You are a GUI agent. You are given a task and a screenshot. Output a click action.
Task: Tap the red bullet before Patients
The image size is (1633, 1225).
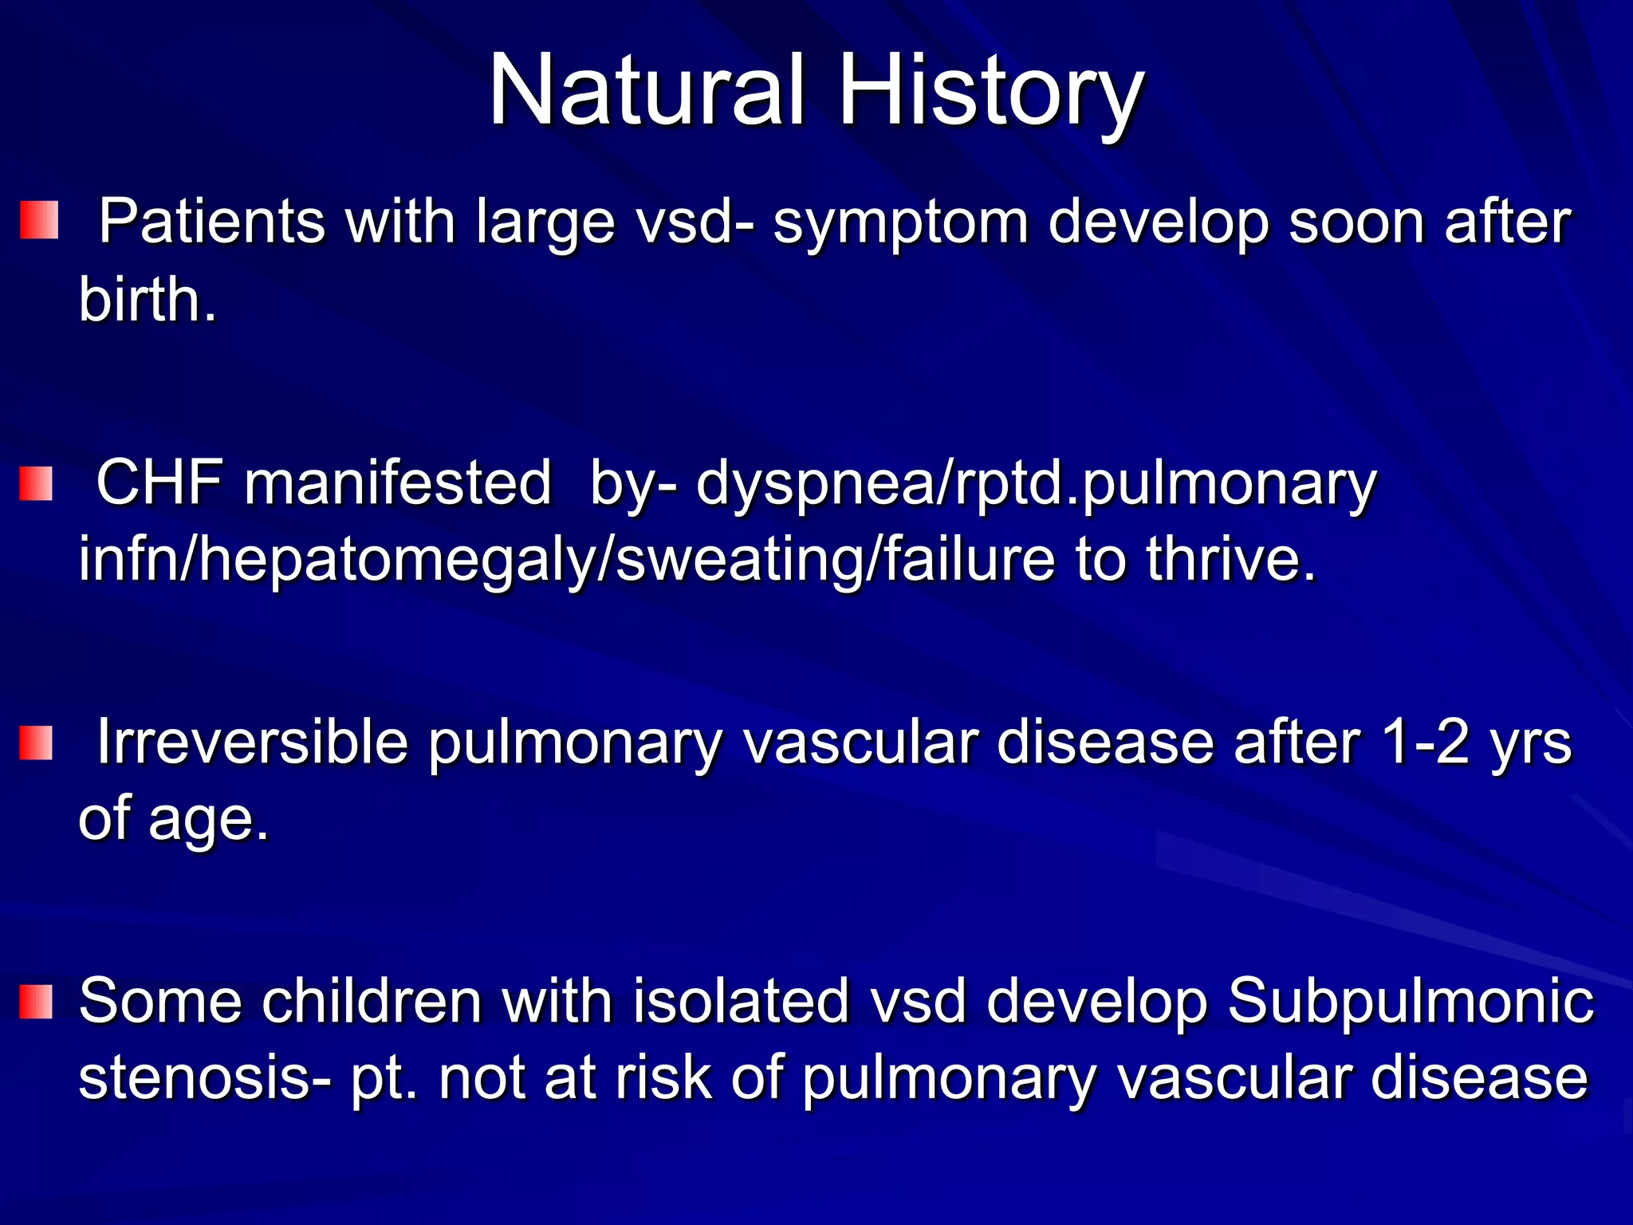click(38, 221)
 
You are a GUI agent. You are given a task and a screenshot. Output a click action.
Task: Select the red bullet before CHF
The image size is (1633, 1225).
click(36, 484)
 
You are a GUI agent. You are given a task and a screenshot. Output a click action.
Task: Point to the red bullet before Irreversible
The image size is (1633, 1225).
click(36, 742)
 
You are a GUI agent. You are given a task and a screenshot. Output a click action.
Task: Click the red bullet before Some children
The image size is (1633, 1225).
click(36, 1002)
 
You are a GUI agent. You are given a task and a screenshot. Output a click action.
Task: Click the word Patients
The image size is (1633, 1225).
click(211, 221)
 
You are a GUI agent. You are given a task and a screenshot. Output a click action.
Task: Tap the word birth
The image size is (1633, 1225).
click(148, 299)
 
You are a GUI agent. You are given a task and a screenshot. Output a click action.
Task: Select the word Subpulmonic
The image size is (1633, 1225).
click(1410, 1001)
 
